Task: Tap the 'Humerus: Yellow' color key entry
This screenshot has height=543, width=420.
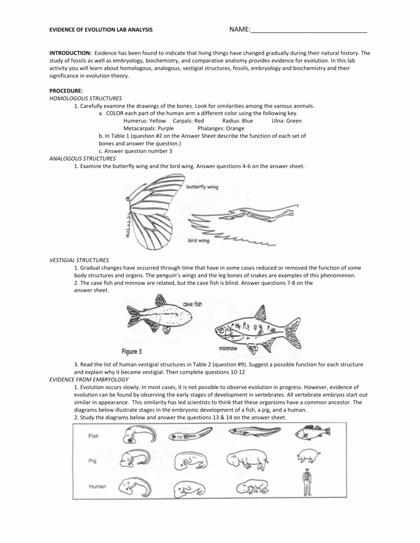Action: (x=144, y=121)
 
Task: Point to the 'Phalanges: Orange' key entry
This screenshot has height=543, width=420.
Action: (x=221, y=128)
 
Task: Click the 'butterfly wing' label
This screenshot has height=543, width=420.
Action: (x=202, y=187)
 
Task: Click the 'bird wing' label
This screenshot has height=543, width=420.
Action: (x=199, y=240)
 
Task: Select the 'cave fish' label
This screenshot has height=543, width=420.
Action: (x=192, y=304)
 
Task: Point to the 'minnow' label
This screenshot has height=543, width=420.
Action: (x=228, y=348)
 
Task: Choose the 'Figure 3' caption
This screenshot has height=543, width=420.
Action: (x=132, y=352)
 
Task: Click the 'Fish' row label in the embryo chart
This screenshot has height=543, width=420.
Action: (x=93, y=436)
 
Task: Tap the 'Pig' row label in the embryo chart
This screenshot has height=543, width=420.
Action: (x=92, y=461)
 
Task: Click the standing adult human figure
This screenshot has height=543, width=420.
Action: (x=306, y=483)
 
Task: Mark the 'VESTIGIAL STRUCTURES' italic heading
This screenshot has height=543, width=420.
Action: (x=79, y=260)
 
